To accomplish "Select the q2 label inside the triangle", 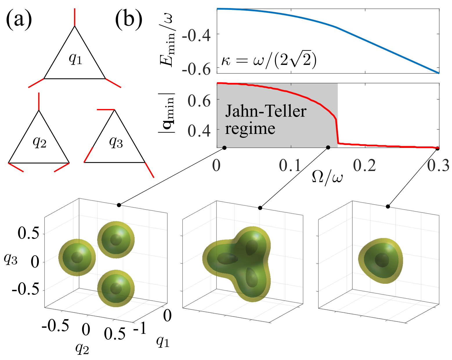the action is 39,142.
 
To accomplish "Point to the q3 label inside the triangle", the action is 116,142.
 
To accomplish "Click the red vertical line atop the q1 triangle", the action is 75,17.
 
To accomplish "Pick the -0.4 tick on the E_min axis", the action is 196,37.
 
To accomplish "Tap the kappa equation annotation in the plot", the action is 268,61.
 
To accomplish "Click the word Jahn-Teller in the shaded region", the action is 266,111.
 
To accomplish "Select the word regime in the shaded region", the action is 250,128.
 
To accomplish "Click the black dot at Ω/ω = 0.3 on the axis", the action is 437,148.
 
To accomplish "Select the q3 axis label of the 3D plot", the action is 11,259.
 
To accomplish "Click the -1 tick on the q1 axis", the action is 140,329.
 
